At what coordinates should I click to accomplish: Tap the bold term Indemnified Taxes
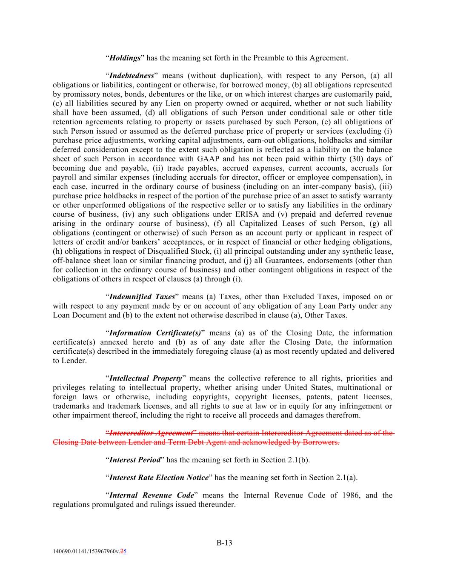142,297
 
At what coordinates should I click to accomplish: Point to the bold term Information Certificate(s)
155,333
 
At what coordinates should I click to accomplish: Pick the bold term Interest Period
135,460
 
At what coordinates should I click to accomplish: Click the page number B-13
224,542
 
